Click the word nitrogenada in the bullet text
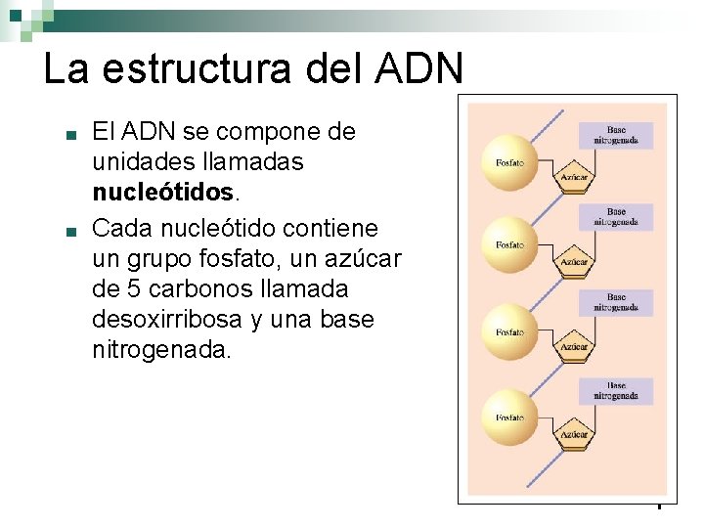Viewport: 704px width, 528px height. click(x=161, y=351)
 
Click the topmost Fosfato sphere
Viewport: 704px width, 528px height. click(x=510, y=161)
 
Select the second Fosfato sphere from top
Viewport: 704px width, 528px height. click(x=510, y=244)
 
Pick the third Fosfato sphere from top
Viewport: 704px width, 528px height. click(x=510, y=332)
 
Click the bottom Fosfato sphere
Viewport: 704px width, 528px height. click(x=510, y=418)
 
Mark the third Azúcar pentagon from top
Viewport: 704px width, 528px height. click(x=574, y=346)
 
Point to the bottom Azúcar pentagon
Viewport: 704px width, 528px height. click(x=574, y=432)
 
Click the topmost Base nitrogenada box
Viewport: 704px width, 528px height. click(x=616, y=135)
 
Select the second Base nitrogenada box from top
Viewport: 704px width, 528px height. click(x=616, y=216)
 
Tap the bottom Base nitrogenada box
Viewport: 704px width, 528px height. click(x=616, y=391)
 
